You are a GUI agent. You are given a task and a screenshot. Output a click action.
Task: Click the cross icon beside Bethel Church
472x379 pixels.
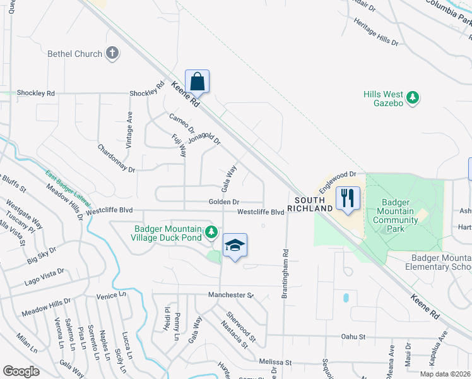[112, 54]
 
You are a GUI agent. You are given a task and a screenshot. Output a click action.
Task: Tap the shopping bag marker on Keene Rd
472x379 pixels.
[197, 82]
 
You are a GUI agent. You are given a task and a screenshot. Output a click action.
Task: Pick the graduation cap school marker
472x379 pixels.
[234, 246]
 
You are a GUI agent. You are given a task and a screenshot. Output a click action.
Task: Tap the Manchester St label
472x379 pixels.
[230, 295]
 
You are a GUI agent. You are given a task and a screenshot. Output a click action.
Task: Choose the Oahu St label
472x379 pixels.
[353, 337]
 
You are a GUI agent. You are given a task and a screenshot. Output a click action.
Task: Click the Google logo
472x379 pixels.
[21, 371]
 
